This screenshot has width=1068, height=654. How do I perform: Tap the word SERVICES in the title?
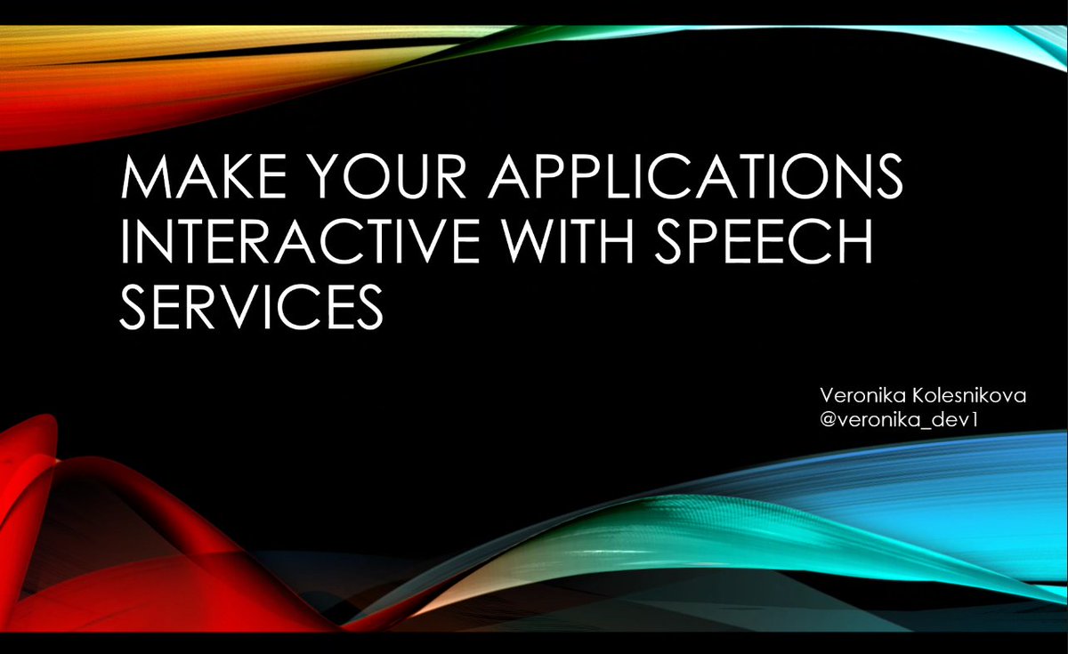click(x=252, y=308)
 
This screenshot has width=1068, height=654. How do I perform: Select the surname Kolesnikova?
click(x=970, y=394)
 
